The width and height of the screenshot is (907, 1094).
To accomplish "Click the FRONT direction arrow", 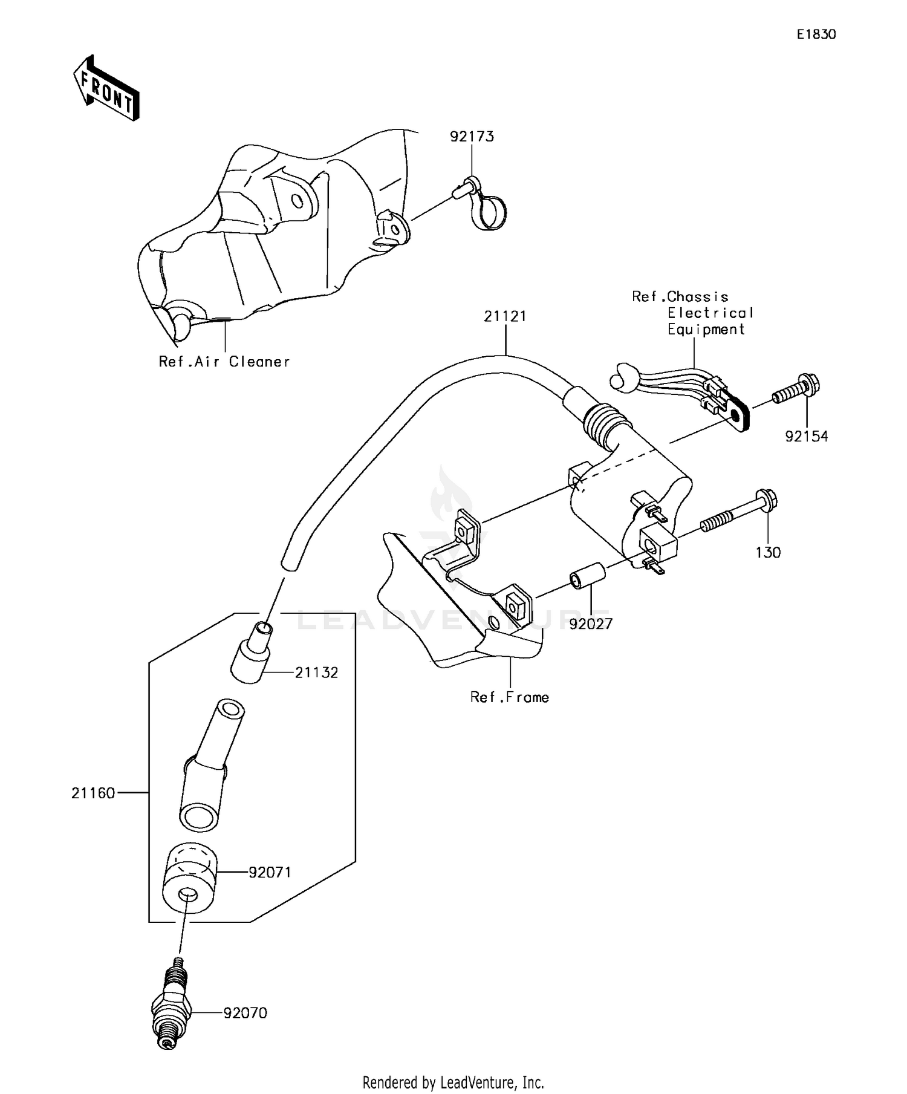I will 106,88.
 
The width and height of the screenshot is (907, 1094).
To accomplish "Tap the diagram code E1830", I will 816,34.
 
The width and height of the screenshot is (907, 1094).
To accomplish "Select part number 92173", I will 472,137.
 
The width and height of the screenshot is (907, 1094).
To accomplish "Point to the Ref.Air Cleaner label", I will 224,362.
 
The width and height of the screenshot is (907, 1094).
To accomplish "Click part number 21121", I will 505,316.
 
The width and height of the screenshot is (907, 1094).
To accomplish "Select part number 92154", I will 806,436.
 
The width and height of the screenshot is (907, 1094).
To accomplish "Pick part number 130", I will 768,552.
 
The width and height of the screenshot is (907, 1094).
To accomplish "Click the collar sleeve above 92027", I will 586,574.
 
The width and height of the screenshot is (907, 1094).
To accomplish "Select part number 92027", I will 591,624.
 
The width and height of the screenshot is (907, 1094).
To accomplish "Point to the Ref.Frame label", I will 510,697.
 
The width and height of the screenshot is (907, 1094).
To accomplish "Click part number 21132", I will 316,672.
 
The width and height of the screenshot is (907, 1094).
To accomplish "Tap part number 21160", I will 93,793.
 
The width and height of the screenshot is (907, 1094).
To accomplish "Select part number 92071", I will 270,872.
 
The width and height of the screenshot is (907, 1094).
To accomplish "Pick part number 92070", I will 245,1013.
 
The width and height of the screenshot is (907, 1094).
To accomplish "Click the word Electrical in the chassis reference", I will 710,313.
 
